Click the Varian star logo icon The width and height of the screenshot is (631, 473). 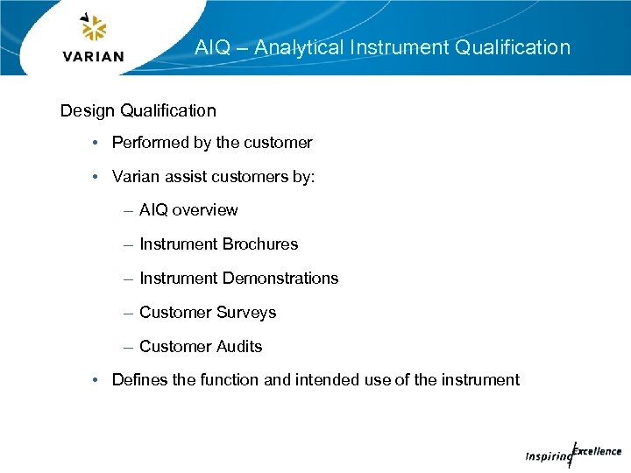click(93, 28)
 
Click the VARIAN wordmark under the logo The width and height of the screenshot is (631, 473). click(94, 57)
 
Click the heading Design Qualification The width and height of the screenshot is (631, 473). click(138, 110)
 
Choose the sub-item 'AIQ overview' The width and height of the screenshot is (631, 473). click(188, 210)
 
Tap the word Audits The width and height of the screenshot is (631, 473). click(239, 347)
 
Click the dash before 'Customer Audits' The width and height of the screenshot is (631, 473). click(129, 347)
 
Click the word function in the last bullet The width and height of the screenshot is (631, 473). click(229, 380)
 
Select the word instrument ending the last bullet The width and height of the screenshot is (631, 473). click(479, 380)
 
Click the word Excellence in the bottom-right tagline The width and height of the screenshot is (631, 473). click(597, 451)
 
